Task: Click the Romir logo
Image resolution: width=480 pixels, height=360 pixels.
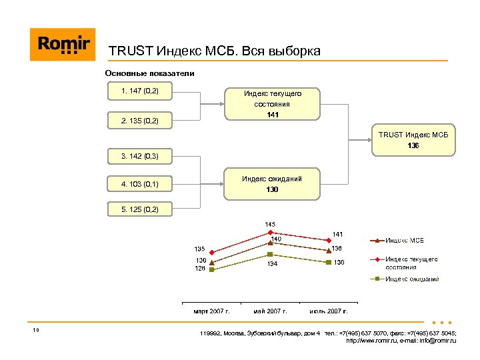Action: coord(63,45)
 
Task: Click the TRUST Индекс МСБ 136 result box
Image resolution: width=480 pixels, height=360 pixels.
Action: coord(413,140)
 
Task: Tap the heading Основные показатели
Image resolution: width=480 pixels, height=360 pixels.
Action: coord(149,73)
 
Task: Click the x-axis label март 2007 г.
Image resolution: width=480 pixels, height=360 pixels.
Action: coord(211,311)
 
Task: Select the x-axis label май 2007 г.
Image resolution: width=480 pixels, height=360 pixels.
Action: coord(270,311)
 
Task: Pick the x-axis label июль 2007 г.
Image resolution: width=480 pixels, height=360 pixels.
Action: coord(329,311)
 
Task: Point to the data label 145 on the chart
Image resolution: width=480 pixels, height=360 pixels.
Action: coord(270,224)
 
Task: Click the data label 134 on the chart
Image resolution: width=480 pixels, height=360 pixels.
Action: coord(272,264)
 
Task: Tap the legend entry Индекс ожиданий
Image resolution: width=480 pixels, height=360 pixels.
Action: coord(411,279)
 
